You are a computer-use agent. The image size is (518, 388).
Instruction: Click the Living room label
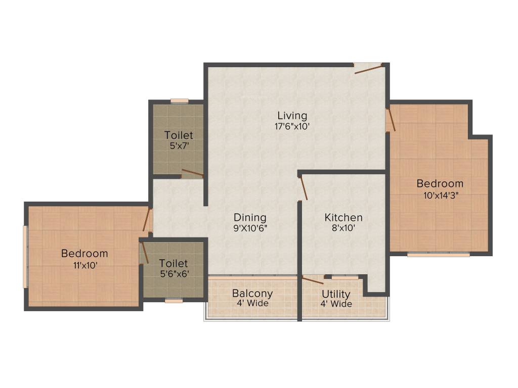pyautogui.click(x=292, y=116)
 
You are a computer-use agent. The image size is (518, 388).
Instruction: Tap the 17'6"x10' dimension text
pyautogui.click(x=292, y=126)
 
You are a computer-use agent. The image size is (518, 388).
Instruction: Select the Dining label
pyautogui.click(x=250, y=217)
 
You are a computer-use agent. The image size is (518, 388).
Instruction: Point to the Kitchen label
pyautogui.click(x=343, y=217)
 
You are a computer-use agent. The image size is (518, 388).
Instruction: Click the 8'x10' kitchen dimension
pyautogui.click(x=343, y=228)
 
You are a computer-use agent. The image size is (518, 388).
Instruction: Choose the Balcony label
pyautogui.click(x=252, y=293)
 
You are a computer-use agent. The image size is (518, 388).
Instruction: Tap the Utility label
pyautogui.click(x=336, y=294)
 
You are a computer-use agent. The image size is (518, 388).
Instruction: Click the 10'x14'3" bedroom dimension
pyautogui.click(x=440, y=195)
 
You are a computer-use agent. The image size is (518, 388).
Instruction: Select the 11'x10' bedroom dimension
pyautogui.click(x=84, y=264)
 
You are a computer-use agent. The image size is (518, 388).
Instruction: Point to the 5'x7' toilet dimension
pyautogui.click(x=179, y=145)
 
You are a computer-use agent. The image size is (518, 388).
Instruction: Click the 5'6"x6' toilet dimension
pyautogui.click(x=174, y=274)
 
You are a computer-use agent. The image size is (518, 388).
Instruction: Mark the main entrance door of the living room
pyautogui.click(x=368, y=68)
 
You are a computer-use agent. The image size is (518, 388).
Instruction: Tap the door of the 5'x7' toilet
pyautogui.click(x=192, y=173)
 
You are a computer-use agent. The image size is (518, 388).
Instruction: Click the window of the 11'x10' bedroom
pyautogui.click(x=25, y=256)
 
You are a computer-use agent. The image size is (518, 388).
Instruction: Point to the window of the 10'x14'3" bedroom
pyautogui.click(x=438, y=255)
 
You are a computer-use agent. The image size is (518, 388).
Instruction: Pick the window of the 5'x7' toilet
pyautogui.click(x=179, y=101)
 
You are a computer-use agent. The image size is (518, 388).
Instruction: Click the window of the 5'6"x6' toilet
pyautogui.click(x=174, y=301)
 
